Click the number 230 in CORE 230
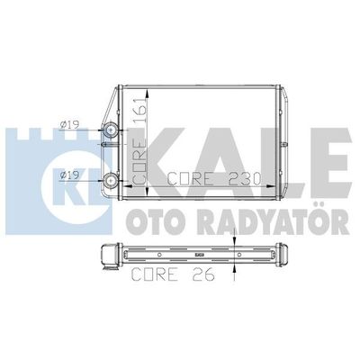[240, 176]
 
